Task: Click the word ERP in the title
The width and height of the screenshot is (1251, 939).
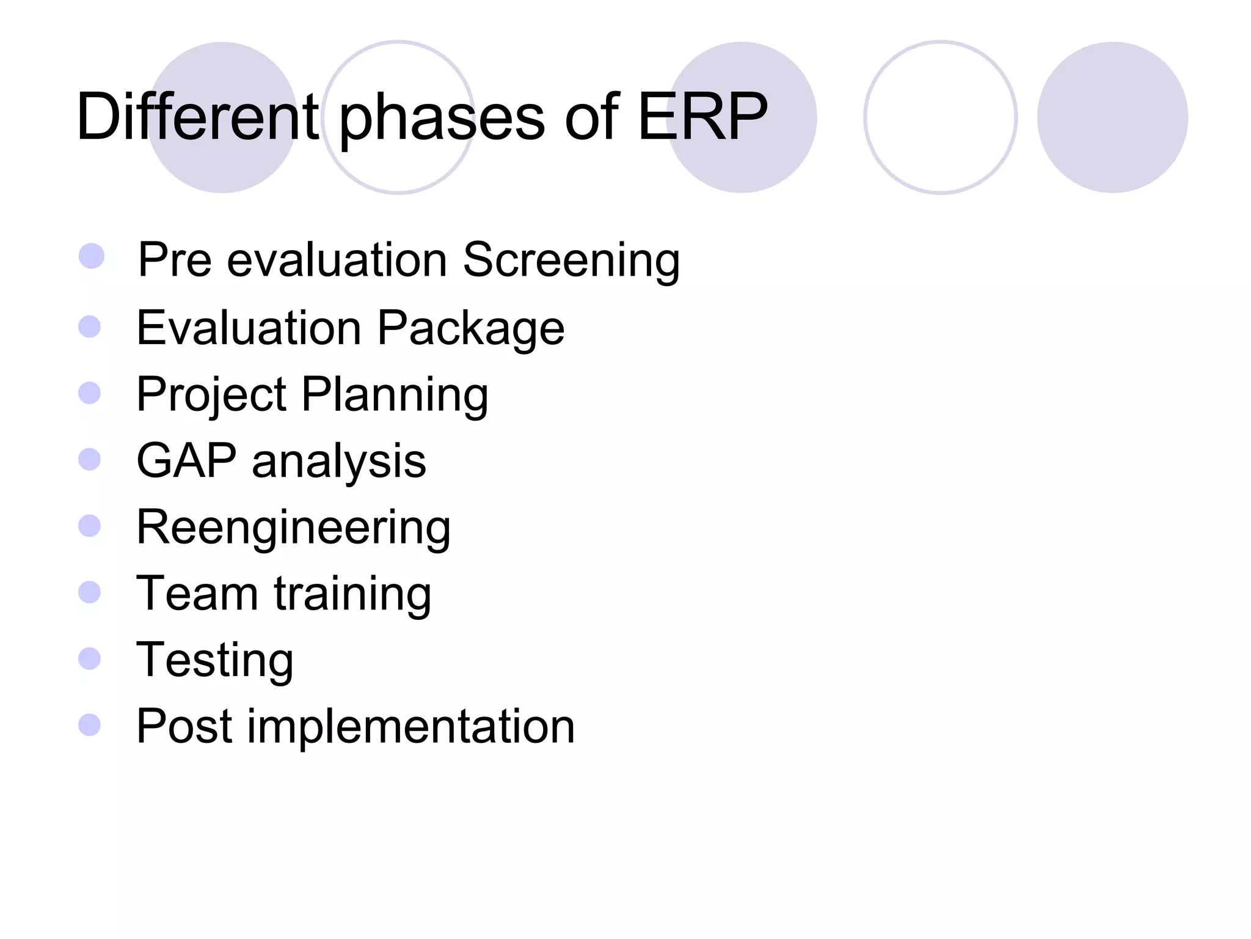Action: (x=702, y=117)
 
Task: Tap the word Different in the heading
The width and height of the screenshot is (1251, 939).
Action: (x=197, y=117)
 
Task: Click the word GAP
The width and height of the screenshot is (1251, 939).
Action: (x=186, y=460)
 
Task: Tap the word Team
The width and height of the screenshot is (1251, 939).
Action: (x=197, y=593)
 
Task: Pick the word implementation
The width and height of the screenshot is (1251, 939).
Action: (x=410, y=726)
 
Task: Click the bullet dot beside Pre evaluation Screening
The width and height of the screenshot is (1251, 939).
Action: (x=92, y=256)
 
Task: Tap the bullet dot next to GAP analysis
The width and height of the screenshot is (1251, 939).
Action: (x=90, y=460)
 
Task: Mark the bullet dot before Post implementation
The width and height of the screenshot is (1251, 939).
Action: (x=90, y=725)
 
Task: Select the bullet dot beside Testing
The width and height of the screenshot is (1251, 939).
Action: (x=90, y=658)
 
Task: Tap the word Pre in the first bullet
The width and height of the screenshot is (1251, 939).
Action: (x=175, y=260)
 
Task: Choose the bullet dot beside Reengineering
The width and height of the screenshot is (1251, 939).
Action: (x=90, y=526)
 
